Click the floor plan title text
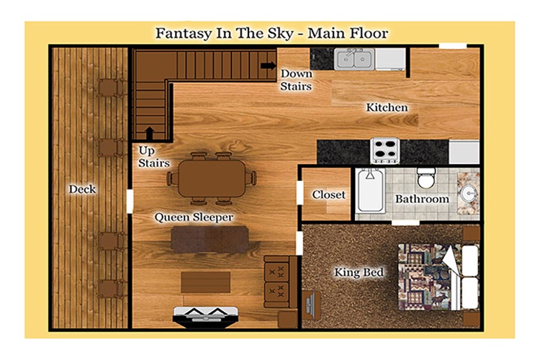[271, 33]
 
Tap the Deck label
[82, 189]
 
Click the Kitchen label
[387, 107]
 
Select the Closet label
[328, 194]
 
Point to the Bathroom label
[422, 199]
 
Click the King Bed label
[359, 272]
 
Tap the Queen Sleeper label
[194, 217]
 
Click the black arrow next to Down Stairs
[269, 65]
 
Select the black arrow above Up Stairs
[150, 133]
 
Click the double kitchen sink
[354, 59]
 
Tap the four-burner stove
[385, 150]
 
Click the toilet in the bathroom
[426, 178]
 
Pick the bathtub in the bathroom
[370, 191]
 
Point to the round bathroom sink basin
[469, 193]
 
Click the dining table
[212, 179]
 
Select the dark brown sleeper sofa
[210, 240]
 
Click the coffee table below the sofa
[206, 282]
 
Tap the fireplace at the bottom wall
[206, 317]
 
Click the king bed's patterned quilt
[426, 276]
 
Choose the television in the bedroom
[310, 306]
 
